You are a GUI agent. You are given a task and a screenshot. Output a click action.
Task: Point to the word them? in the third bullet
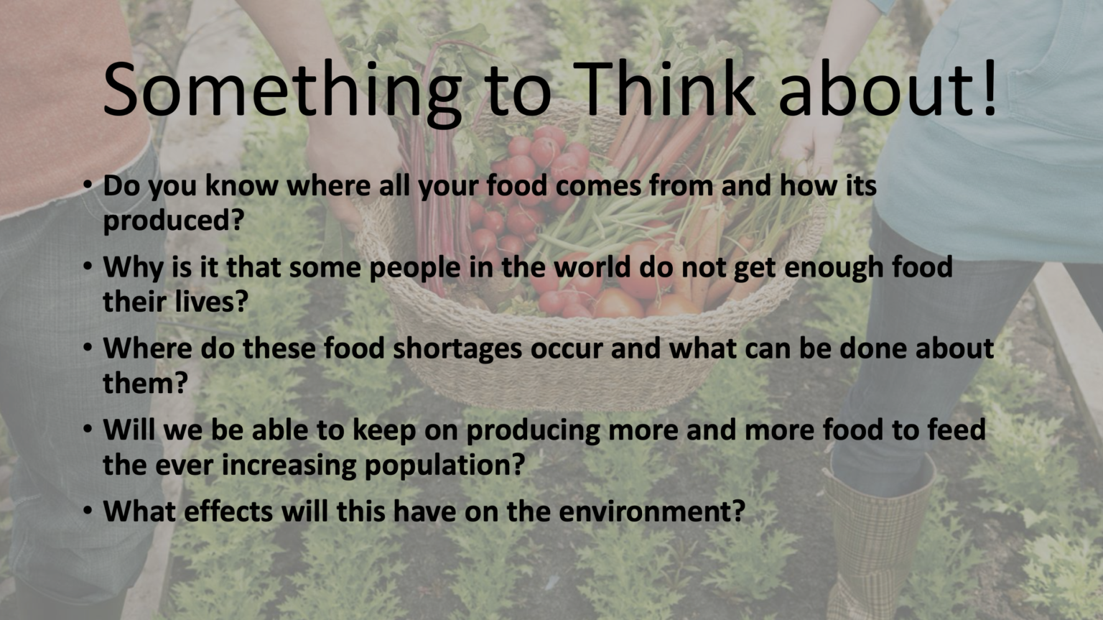click(x=145, y=383)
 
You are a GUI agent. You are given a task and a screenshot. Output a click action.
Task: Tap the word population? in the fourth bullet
click(x=445, y=466)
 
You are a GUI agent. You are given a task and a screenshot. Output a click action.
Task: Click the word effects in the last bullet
click(x=228, y=512)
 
